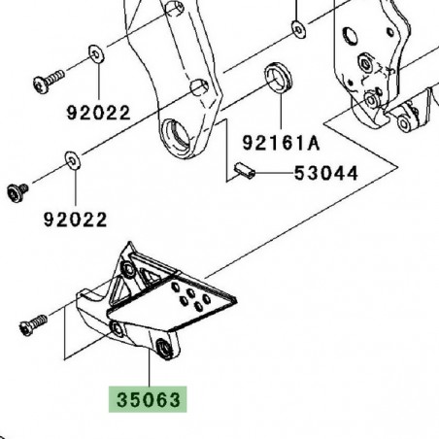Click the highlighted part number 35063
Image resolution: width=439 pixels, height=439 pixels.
144,399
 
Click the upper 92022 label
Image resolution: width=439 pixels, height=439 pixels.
98,112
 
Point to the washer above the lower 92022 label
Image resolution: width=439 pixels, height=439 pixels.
71,158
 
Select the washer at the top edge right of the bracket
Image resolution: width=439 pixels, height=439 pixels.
295,21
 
